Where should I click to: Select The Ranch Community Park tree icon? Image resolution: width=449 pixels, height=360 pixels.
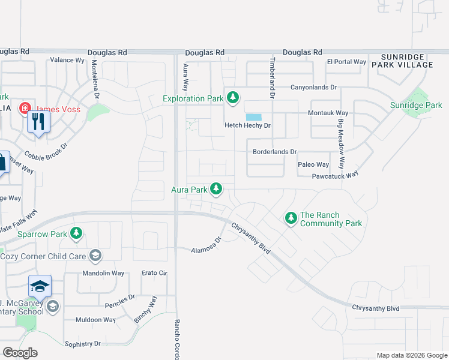pyautogui.click(x=291, y=218)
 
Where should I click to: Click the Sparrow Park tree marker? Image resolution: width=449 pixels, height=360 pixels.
pyautogui.click(x=76, y=233)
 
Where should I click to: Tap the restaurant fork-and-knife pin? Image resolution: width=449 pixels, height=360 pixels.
pyautogui.click(x=38, y=122)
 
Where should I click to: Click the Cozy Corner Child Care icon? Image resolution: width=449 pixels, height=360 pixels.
pyautogui.click(x=95, y=256)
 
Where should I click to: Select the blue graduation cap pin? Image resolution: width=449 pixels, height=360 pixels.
pyautogui.click(x=40, y=287)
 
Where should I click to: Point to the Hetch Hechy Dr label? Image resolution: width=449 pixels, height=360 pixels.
pyautogui.click(x=248, y=126)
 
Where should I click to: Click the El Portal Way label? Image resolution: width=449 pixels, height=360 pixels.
pyautogui.click(x=346, y=62)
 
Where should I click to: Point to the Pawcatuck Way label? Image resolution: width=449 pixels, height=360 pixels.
pyautogui.click(x=334, y=176)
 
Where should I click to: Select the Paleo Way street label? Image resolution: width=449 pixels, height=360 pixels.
pyautogui.click(x=313, y=164)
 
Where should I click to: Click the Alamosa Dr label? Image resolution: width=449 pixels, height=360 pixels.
pyautogui.click(x=206, y=246)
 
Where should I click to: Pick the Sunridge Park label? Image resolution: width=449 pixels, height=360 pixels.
pyautogui.click(x=416, y=106)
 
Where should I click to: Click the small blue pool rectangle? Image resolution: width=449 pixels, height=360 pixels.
pyautogui.click(x=253, y=117)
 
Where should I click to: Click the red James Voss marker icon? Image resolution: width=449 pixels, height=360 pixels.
pyautogui.click(x=25, y=109)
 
